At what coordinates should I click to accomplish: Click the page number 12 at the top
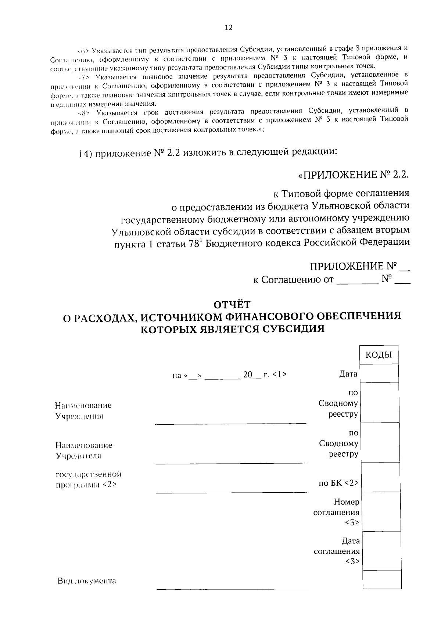228,28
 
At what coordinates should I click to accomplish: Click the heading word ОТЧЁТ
232,305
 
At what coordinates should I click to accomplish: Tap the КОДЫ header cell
379,355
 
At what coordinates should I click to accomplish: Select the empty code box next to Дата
379,373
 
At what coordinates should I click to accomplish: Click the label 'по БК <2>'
338,483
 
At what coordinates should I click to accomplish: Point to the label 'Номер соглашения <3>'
336,512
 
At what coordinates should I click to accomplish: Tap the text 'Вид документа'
87,581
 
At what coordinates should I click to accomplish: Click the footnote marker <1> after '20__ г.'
280,375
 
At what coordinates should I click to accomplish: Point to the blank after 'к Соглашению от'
357,281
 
